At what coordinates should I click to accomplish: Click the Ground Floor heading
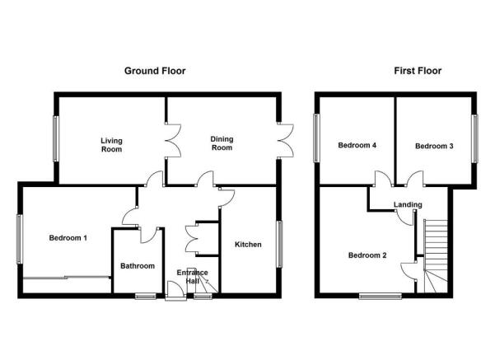155,71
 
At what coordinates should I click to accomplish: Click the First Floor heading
418,71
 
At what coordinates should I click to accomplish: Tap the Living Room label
111,145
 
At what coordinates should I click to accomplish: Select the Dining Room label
222,143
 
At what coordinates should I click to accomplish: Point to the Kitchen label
248,245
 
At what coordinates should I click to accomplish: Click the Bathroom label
138,266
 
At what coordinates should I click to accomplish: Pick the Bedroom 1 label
68,238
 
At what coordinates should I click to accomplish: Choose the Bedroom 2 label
367,255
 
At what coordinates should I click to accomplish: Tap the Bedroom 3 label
434,146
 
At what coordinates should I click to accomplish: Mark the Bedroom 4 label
357,145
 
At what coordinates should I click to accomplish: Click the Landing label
408,204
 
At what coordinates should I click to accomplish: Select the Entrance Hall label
192,277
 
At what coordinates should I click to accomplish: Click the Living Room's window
55,139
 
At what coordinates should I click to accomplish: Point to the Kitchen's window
279,244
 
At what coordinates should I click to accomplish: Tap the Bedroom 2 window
381,296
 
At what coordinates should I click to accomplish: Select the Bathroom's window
146,296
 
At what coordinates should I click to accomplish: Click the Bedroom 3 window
474,138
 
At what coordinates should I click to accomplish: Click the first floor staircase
436,255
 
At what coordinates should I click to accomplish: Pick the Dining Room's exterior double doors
287,139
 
